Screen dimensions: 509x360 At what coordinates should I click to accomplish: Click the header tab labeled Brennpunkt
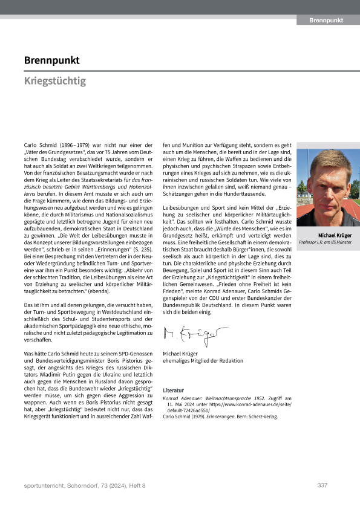(x=326, y=21)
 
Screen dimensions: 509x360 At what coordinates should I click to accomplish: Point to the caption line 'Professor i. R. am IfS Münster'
(x=329, y=242)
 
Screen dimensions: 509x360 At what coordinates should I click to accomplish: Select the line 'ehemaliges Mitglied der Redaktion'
(x=203, y=360)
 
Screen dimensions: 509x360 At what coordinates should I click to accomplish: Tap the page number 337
(x=322, y=485)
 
